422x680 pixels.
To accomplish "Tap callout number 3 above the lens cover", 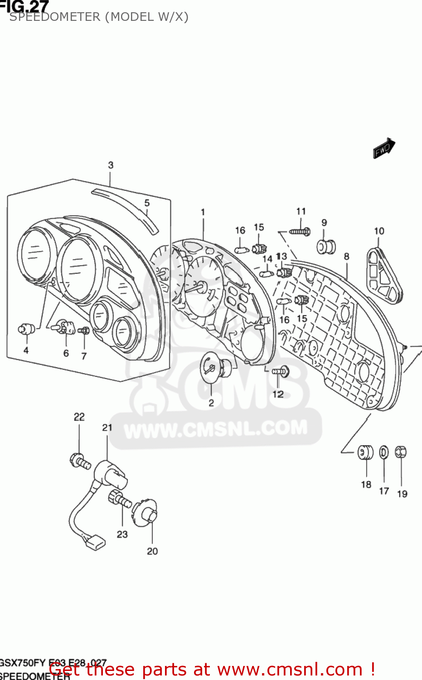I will click(111, 165).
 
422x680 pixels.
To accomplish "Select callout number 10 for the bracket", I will click(379, 231).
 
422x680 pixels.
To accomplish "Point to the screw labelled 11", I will click(300, 232).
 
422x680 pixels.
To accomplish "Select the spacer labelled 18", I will click(365, 452).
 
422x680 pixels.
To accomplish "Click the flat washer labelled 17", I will click(384, 452).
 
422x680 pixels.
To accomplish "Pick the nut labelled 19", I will click(401, 452).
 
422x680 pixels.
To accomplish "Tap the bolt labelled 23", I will click(119, 499).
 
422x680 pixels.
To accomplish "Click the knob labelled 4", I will click(26, 328).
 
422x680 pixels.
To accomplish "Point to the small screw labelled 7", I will click(84, 331).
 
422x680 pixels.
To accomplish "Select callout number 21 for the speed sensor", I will click(107, 427).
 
